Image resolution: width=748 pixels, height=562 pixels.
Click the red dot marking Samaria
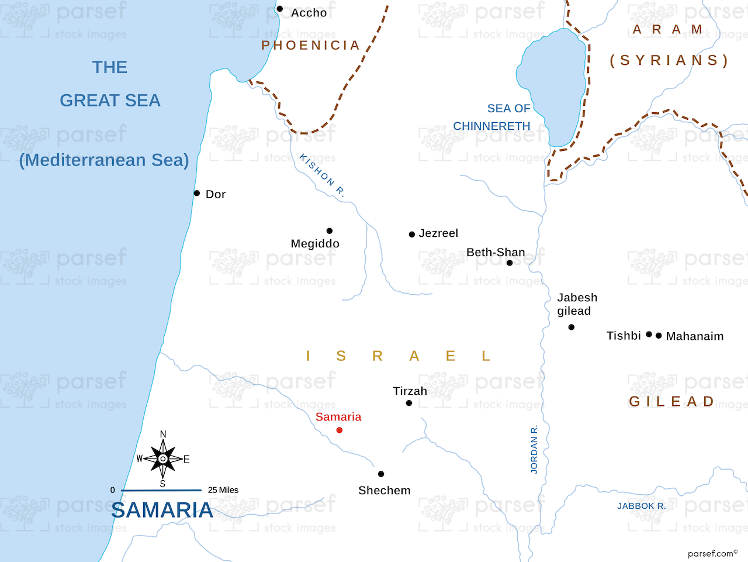pos(340,430)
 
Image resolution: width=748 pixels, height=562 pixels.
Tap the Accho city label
pos(309,13)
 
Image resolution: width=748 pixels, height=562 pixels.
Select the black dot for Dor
pos(197,193)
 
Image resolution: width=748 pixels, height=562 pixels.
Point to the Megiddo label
pos(315,244)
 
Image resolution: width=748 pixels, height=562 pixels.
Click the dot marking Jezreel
pos(412,235)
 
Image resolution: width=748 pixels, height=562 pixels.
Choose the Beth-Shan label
pos(496,253)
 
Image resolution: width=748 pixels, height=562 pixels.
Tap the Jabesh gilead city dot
pos(572,327)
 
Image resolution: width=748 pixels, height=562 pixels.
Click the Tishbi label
pos(624,336)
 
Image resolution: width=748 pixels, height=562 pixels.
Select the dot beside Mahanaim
pos(659,336)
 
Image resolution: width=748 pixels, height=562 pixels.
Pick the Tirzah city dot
pos(409,403)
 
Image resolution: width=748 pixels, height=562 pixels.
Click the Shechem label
pos(385,491)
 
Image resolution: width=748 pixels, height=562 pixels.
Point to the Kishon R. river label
pos(322,175)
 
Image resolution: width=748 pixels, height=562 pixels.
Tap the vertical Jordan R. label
pos(534,449)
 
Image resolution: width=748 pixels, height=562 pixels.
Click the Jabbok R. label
pos(641,506)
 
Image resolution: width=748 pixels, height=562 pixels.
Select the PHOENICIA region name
pos(310,46)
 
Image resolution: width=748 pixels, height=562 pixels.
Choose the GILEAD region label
pos(671,402)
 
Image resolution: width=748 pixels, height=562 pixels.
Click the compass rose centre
pos(163,459)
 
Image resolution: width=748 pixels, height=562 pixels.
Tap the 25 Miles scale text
pos(223,490)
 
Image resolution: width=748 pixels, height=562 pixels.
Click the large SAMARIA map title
pos(162,511)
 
